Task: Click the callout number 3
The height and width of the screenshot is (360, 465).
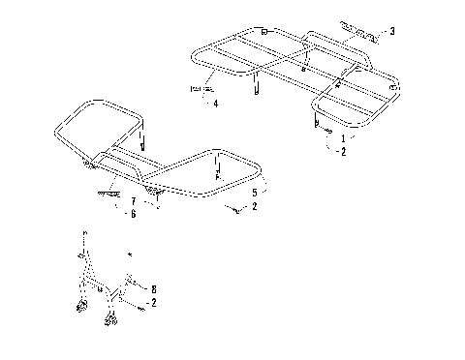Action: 391,31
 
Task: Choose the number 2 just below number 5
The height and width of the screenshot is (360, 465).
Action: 254,207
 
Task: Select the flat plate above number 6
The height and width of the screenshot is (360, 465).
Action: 113,192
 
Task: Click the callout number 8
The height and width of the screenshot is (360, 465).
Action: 152,287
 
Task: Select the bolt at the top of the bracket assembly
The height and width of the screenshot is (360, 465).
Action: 85,234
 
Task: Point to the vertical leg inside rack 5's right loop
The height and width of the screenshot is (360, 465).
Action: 220,176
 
